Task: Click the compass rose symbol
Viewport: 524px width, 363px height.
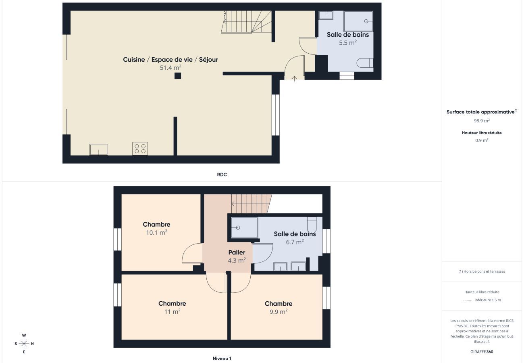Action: [24, 344]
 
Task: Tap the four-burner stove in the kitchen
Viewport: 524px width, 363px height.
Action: [140, 148]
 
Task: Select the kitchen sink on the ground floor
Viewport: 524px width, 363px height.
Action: [99, 150]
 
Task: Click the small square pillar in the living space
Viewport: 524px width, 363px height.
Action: [178, 76]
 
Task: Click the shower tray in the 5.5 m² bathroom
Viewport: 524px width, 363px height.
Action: [358, 21]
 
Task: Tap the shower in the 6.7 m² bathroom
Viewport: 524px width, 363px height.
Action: [244, 228]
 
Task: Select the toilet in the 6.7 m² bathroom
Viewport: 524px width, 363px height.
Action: [312, 223]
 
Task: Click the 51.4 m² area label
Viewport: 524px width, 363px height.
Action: [171, 68]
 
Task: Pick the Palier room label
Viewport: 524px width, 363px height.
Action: [237, 252]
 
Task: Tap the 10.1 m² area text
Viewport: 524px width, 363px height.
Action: [156, 232]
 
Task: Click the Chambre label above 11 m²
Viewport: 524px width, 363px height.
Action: [172, 304]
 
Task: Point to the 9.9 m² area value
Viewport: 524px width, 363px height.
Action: [279, 312]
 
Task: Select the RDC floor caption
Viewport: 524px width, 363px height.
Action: [222, 175]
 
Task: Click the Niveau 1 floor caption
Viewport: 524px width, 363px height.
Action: [222, 359]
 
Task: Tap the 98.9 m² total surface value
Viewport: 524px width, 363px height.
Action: [482, 121]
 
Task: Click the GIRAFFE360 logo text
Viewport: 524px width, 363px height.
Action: [482, 352]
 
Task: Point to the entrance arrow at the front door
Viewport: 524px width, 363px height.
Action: [294, 78]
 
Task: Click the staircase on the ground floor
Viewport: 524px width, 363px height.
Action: [246, 22]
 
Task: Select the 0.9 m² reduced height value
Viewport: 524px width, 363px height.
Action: [482, 140]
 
